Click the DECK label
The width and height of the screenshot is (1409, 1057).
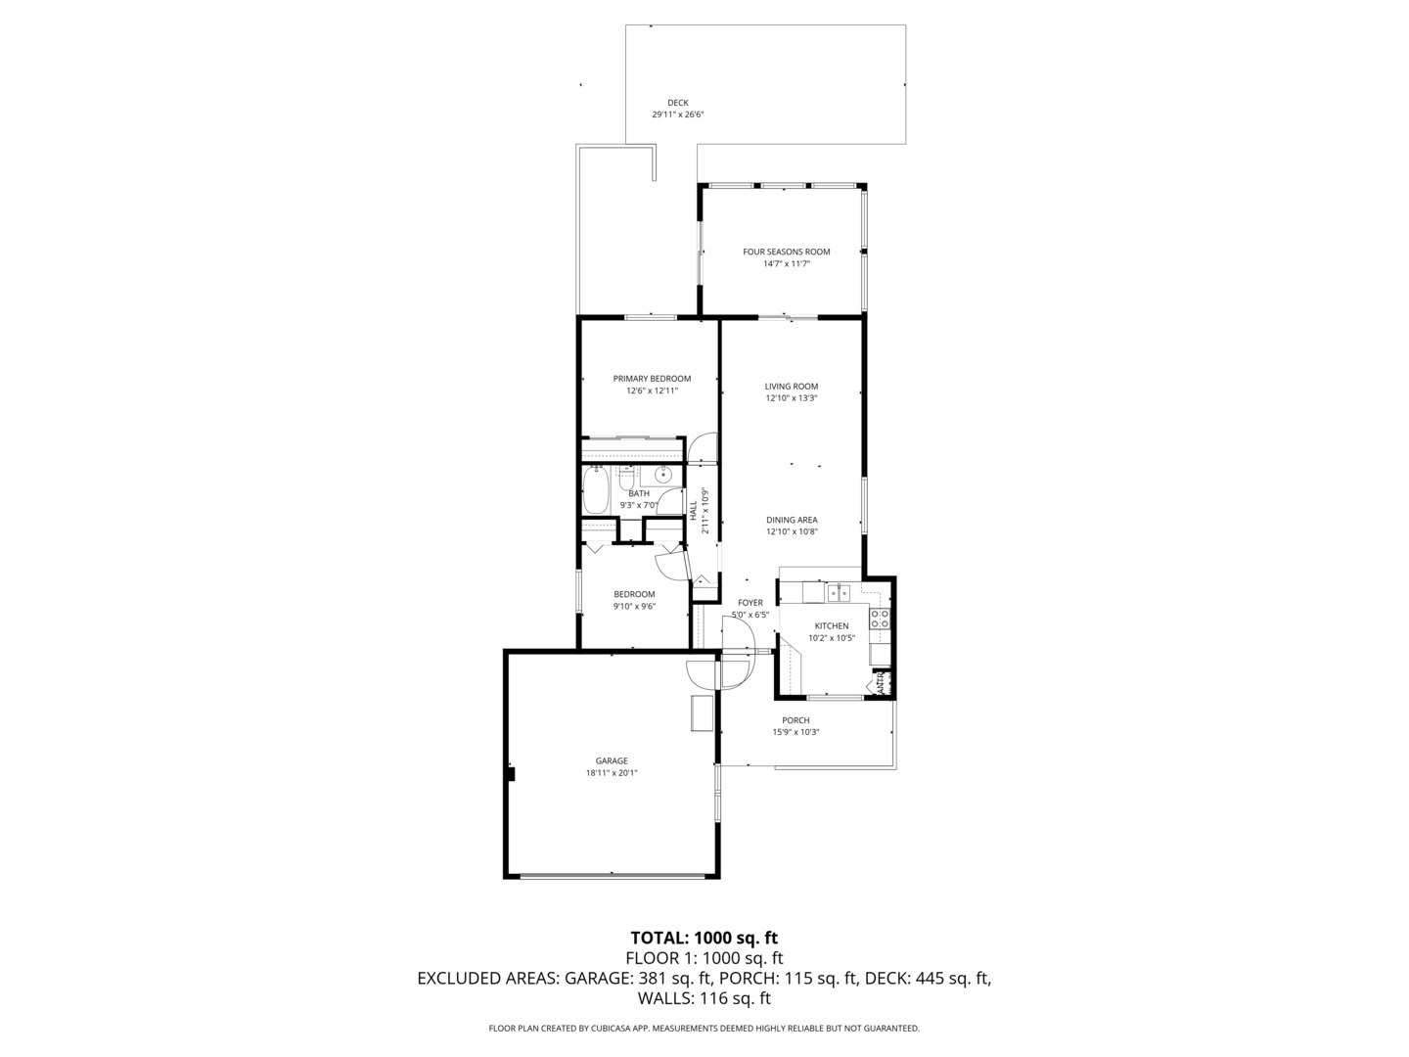click(x=677, y=103)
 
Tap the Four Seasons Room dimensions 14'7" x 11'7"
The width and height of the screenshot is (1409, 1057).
click(x=787, y=264)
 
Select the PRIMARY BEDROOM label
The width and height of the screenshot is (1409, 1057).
click(x=652, y=379)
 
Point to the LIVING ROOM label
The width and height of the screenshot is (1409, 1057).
click(x=791, y=387)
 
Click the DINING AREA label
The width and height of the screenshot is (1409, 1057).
click(x=792, y=520)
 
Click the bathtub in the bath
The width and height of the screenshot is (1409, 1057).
click(x=595, y=490)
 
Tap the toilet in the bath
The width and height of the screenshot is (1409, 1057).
click(x=626, y=479)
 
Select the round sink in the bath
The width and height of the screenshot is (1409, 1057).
click(x=662, y=476)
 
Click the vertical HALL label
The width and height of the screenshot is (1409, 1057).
click(x=694, y=511)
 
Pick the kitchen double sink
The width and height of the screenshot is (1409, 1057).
click(x=838, y=592)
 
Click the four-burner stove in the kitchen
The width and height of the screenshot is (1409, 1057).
click(x=880, y=619)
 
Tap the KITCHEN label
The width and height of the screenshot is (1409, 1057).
click(x=832, y=625)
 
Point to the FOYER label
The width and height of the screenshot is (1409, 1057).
click(x=750, y=603)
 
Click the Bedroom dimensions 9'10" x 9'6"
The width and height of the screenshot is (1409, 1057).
click(x=634, y=606)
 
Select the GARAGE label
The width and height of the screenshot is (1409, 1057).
click(x=612, y=761)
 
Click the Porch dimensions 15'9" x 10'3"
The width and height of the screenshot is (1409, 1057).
click(x=795, y=732)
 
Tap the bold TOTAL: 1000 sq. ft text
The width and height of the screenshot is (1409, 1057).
click(x=704, y=939)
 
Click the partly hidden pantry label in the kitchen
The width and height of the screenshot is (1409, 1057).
click(x=881, y=681)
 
